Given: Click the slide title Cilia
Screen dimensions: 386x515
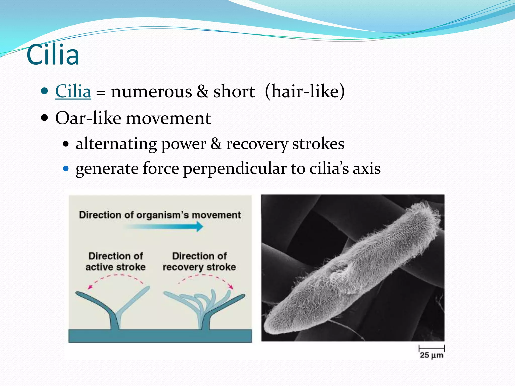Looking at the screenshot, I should click(53, 55).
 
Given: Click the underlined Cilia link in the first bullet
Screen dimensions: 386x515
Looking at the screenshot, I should click(73, 91).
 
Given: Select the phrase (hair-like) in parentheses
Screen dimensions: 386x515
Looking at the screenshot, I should click(305, 91).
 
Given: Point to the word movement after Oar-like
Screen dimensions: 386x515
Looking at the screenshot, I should click(168, 118).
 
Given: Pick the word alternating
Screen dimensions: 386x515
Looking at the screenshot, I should click(116, 144).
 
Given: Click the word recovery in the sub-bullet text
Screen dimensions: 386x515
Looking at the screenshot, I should click(257, 144).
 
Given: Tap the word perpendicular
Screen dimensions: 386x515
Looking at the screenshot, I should click(235, 169).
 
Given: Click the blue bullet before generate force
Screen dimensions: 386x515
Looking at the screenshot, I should click(66, 168).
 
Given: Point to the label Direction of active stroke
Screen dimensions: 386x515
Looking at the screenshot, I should click(115, 261).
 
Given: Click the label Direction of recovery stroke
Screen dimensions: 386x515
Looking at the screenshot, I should click(199, 261).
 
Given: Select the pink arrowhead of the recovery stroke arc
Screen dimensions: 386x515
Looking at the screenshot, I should click(231, 287).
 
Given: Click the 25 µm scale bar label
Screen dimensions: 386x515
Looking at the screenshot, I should click(431, 355).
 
